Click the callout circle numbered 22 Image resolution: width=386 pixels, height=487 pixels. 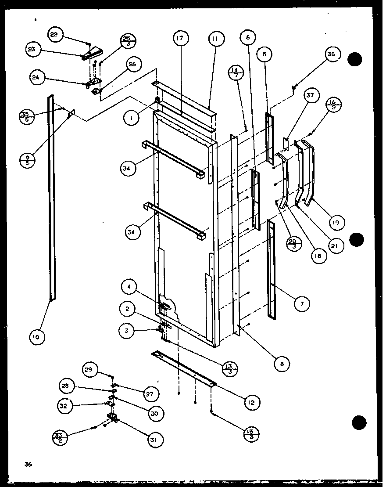pos(56,35)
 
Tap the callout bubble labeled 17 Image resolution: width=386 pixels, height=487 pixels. pos(180,39)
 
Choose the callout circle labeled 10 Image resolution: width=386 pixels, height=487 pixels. pos(37,337)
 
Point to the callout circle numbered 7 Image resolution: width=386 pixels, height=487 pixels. pos(302,303)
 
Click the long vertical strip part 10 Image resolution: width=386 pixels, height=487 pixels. pos(52,198)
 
